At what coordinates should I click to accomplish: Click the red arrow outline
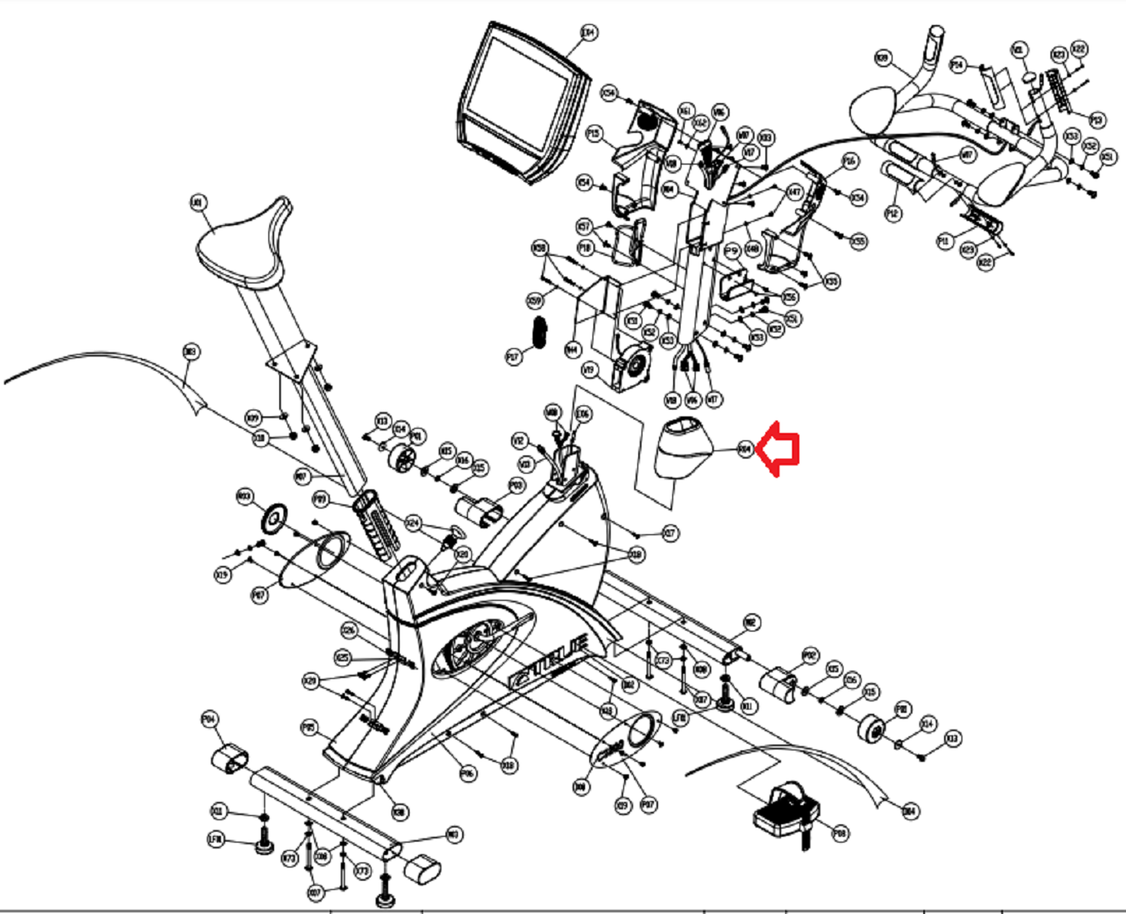(x=782, y=450)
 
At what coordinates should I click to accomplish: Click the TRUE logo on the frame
(x=552, y=661)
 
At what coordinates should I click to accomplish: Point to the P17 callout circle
(x=514, y=356)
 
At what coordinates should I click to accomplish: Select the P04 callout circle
(x=210, y=720)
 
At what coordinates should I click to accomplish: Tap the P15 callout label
(x=593, y=133)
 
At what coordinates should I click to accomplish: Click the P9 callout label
(x=731, y=250)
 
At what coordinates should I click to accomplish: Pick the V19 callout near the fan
(x=589, y=369)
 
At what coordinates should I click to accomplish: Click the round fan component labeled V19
(x=635, y=366)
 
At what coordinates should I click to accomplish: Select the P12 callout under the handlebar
(x=892, y=214)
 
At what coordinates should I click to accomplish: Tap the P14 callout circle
(x=957, y=65)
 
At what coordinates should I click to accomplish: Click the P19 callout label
(x=1096, y=120)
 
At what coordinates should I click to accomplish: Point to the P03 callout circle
(x=516, y=484)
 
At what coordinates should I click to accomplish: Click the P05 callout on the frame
(x=308, y=728)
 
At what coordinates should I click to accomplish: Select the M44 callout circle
(x=572, y=351)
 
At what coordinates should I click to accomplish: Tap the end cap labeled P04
(x=229, y=758)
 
